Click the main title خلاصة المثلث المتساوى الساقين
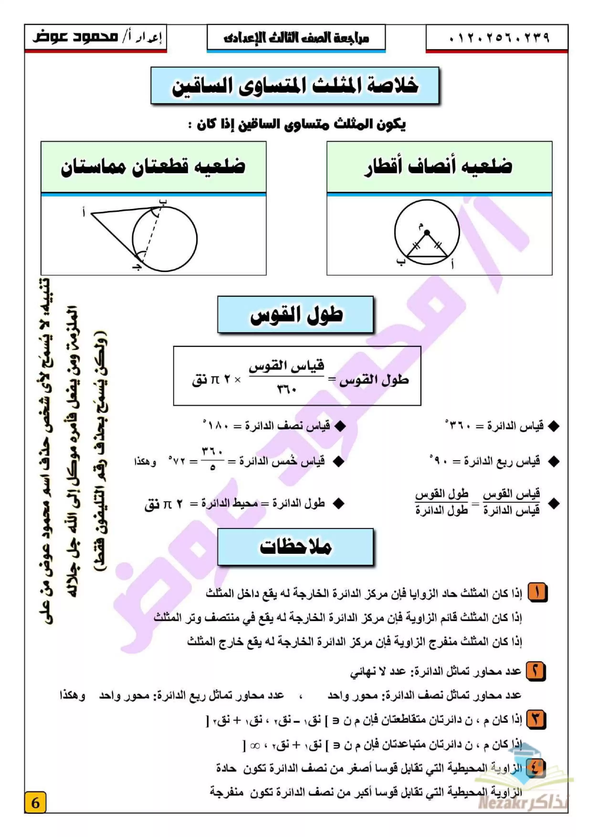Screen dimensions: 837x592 pos(295,86)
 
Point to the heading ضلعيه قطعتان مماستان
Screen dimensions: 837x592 pos(153,167)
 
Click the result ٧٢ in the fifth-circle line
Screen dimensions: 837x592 pos(179,461)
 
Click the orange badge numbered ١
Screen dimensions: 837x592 pos(537,592)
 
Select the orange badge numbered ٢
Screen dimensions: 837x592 pos(536,670)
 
